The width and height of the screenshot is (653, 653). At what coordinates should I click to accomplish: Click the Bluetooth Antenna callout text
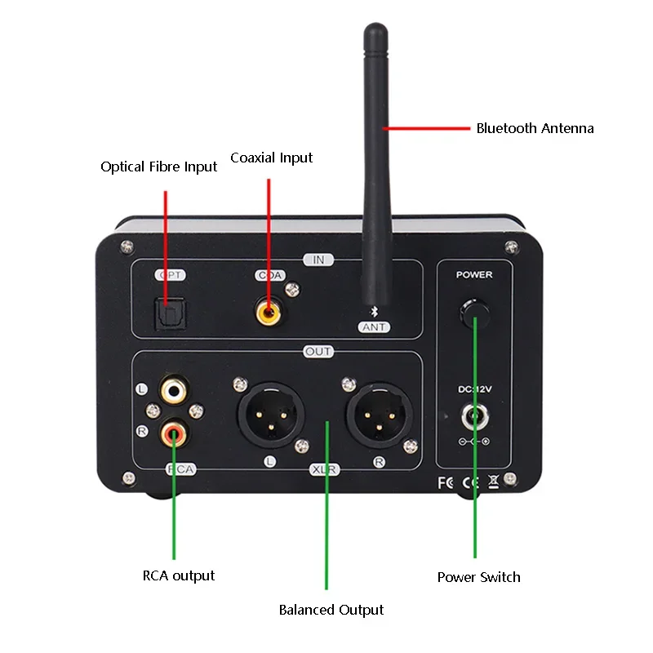535,128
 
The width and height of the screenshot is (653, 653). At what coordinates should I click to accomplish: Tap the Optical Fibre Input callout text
158,167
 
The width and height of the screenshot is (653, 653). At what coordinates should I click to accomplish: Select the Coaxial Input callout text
271,158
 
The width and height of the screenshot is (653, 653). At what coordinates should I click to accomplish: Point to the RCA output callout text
178,575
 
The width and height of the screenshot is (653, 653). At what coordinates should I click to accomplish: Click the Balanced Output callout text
331,610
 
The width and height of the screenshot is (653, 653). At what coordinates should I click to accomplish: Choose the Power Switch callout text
478,577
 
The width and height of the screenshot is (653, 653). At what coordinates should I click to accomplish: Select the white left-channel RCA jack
173,389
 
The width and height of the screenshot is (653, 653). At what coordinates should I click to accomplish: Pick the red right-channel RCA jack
173,432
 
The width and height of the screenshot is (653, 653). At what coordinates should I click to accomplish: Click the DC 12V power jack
473,417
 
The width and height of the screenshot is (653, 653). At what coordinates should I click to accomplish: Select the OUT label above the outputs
318,352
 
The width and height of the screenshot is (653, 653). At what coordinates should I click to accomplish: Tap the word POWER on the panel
474,275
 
